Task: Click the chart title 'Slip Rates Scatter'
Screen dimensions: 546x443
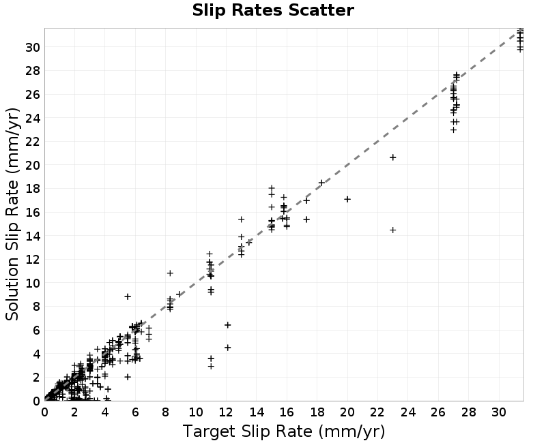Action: click(273, 10)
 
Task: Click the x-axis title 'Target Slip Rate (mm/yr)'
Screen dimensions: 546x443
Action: click(284, 431)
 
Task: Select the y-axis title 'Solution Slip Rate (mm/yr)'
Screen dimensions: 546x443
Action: click(12, 214)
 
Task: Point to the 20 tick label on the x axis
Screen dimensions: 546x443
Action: click(347, 412)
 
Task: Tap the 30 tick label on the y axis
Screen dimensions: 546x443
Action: click(32, 47)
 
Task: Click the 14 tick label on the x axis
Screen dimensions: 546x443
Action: click(257, 412)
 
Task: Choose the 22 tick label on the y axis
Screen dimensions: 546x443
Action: click(32, 142)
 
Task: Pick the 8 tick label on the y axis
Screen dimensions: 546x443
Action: click(36, 306)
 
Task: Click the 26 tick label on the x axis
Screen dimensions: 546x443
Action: click(438, 412)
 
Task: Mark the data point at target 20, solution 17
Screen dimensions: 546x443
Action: click(347, 199)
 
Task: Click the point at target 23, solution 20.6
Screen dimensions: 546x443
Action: click(393, 157)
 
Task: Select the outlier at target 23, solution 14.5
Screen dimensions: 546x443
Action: click(393, 230)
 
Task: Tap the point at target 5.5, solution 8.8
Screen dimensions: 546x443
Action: click(128, 296)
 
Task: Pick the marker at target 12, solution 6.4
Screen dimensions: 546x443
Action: click(228, 325)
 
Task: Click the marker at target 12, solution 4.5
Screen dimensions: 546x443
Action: click(228, 348)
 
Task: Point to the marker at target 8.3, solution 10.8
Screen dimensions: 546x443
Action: click(170, 273)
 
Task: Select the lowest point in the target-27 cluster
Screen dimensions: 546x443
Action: click(453, 130)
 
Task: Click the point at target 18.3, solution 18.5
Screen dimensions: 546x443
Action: click(321, 183)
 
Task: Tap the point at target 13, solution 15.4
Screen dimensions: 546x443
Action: click(242, 219)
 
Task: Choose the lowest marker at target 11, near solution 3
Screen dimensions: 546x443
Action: click(211, 366)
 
